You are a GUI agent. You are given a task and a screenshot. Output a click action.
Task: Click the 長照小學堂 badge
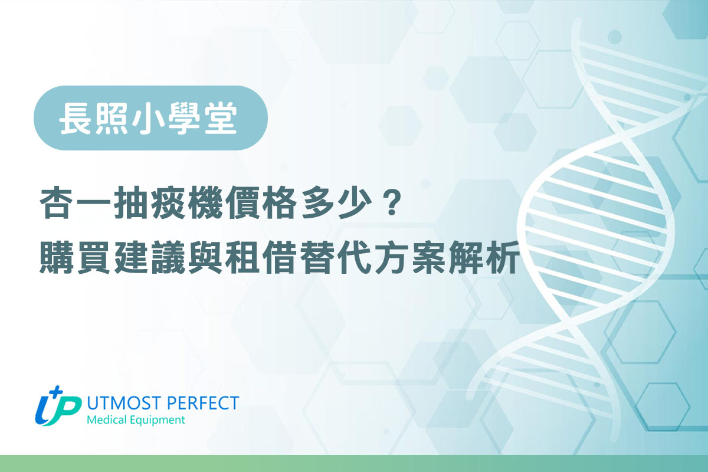click(x=151, y=118)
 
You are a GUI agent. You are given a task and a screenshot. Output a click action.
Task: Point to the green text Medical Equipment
click(x=136, y=420)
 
